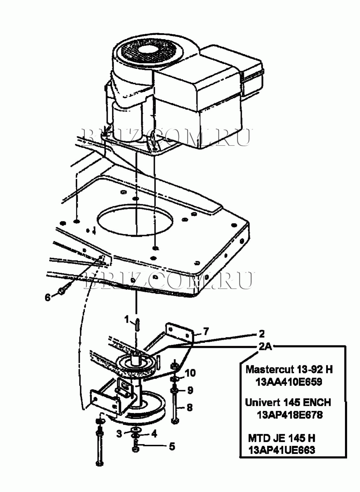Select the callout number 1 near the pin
coord(127,320)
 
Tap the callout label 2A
coord(265,347)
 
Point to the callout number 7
coord(206,331)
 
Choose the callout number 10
coord(190,373)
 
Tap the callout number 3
coord(119,434)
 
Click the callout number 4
coord(154,434)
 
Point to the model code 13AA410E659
coord(289,382)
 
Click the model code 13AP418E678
coord(290,415)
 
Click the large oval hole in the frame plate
coord(135,220)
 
